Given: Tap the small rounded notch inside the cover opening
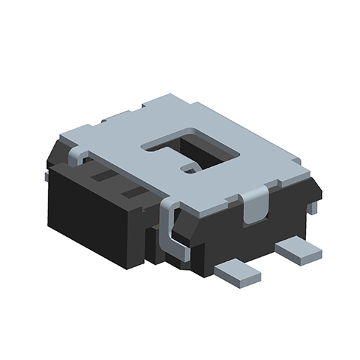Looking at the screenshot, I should (190, 168).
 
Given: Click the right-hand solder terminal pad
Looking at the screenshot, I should (298, 251).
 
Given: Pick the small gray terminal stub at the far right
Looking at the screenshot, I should (312, 207).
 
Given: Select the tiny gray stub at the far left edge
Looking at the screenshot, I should (47, 175).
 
